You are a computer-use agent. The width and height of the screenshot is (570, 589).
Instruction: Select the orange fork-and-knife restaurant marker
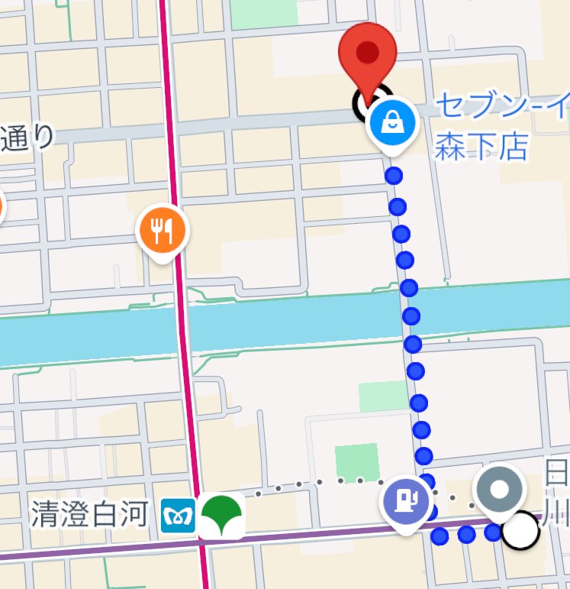pyautogui.click(x=161, y=230)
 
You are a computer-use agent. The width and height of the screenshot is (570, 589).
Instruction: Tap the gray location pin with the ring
pyautogui.click(x=499, y=488)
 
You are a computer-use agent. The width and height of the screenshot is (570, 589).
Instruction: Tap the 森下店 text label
pyautogui.click(x=481, y=147)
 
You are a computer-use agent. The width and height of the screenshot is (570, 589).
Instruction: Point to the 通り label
pyautogui.click(x=27, y=138)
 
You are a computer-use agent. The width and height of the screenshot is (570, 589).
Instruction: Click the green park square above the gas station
pyautogui.click(x=356, y=461)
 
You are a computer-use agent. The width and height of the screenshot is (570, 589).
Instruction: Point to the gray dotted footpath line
pyautogui.click(x=320, y=483)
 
